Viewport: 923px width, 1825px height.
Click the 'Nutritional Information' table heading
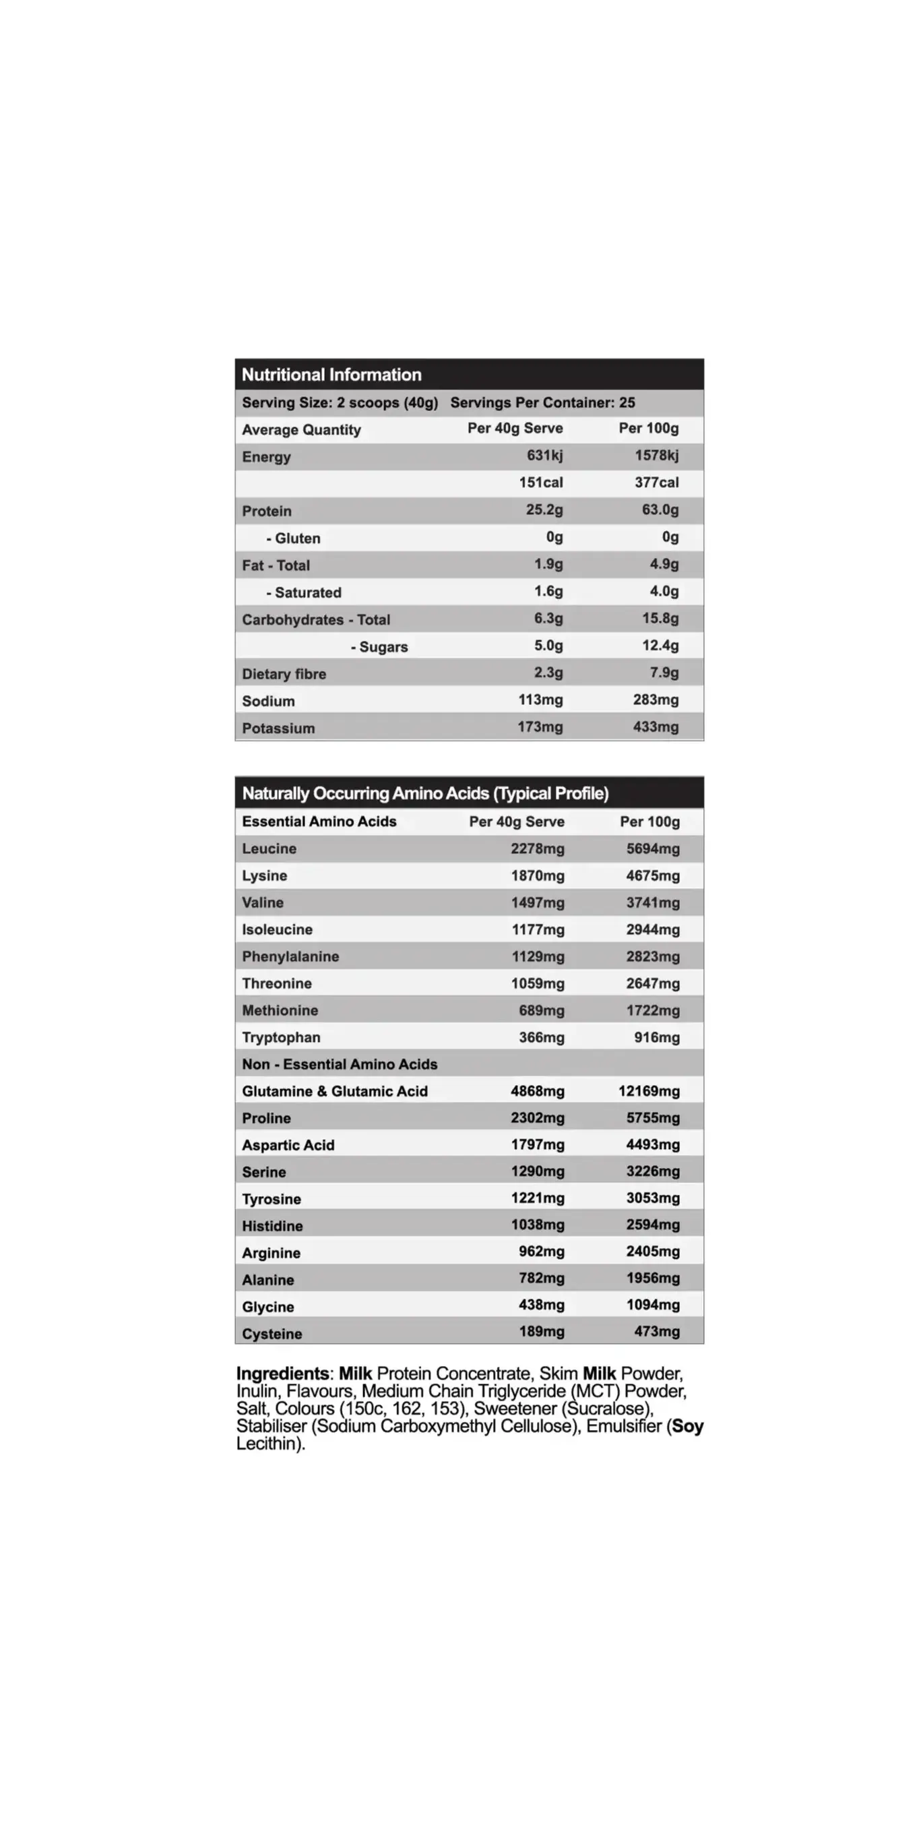point(331,375)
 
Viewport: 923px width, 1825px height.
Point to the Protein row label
point(266,511)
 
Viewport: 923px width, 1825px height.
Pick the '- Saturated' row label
point(303,592)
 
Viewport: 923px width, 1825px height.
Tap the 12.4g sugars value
point(660,646)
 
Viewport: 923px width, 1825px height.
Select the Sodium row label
point(267,701)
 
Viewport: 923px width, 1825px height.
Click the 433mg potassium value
point(656,727)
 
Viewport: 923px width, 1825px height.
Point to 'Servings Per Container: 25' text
point(542,402)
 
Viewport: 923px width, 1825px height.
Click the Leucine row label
point(269,848)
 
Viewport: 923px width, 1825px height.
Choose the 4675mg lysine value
point(652,875)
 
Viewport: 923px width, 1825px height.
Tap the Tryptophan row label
point(281,1037)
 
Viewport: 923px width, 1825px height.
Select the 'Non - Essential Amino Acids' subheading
point(340,1064)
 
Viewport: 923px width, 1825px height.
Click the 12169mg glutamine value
point(649,1091)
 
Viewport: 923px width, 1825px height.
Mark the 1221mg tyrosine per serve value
point(538,1198)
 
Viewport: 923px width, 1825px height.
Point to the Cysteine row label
point(272,1334)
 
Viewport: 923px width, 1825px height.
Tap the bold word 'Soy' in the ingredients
point(687,1426)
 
